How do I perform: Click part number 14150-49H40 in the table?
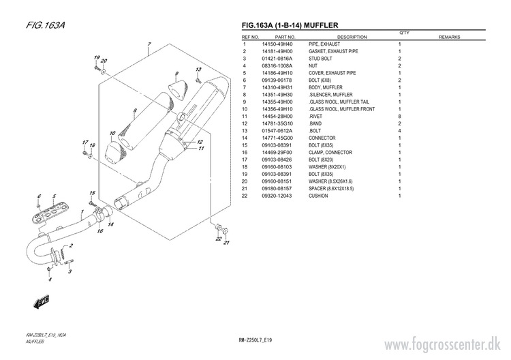click(x=277, y=44)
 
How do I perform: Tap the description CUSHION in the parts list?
click(x=319, y=196)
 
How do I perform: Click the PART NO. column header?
click(x=285, y=37)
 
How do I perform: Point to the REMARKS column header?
click(x=450, y=37)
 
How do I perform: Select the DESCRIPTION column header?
click(x=352, y=37)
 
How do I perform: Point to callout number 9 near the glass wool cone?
click(x=176, y=74)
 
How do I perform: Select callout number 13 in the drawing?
click(x=198, y=71)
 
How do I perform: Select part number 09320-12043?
click(x=277, y=196)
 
